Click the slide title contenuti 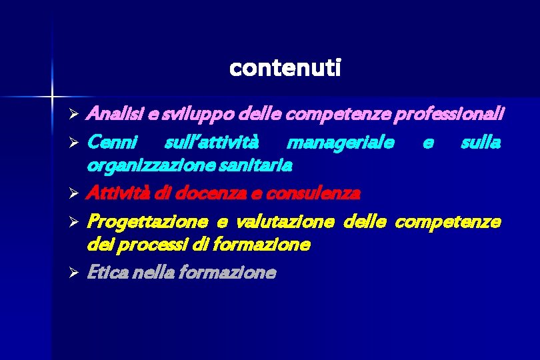285,68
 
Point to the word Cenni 112,142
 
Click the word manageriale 339,142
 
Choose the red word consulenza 313,193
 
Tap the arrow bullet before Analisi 75,115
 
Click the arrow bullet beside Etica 75,273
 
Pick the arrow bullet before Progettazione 75,222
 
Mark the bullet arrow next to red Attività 75,194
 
